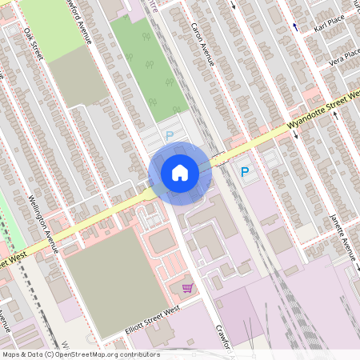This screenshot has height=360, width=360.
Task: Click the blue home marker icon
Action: click(180, 173)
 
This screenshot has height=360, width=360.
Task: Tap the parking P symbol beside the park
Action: click(170, 136)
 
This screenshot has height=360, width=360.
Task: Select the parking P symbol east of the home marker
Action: click(245, 171)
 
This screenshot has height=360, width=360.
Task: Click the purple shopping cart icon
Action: click(187, 288)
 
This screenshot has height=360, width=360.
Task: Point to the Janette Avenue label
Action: click(342, 236)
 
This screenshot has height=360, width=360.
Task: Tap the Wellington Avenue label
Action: click(43, 223)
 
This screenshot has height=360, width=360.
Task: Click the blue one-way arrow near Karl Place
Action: click(295, 26)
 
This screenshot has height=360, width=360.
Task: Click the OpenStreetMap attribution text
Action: click(80, 354)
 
